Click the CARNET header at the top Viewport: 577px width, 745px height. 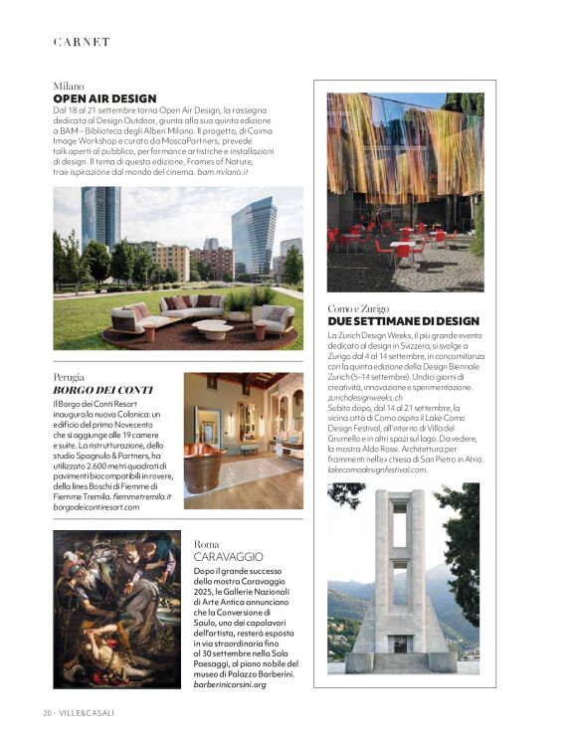[x=82, y=42]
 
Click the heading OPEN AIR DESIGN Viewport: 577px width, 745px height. [x=104, y=98]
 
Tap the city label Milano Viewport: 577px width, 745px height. [x=69, y=87]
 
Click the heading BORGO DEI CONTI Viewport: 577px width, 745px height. [x=89, y=390]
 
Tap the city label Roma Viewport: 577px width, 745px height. [x=206, y=544]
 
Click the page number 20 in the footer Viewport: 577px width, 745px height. [x=47, y=713]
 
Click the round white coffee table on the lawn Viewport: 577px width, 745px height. [x=212, y=328]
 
